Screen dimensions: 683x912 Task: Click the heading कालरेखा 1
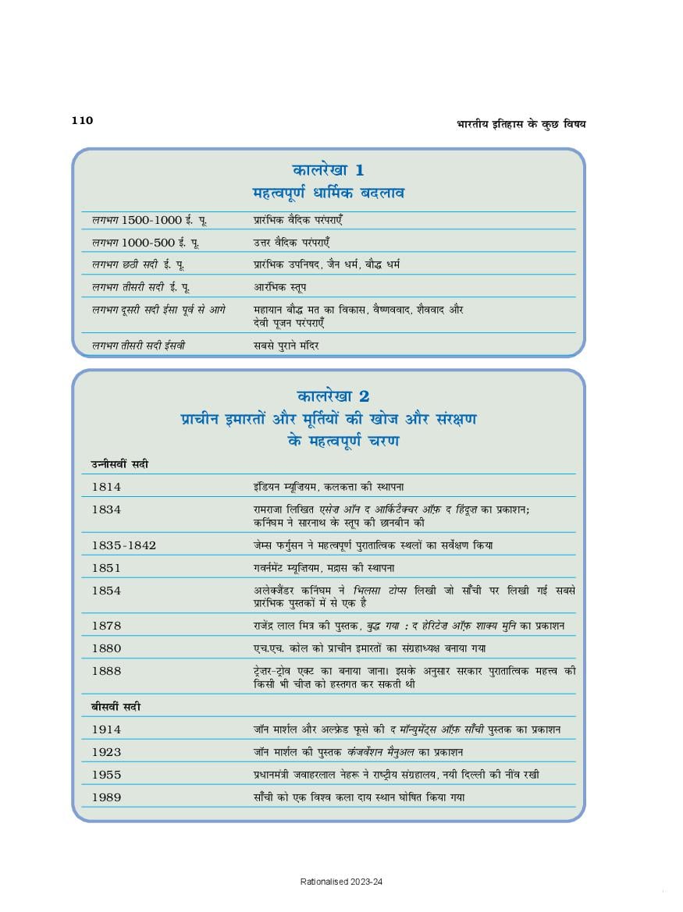click(x=328, y=169)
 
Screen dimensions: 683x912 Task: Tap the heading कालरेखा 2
click(x=328, y=396)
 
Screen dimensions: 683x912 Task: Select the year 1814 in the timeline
click(x=106, y=486)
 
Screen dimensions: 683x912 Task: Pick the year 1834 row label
click(x=106, y=509)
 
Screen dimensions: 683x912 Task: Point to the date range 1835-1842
click(x=123, y=545)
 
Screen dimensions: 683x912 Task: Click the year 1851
click(x=106, y=568)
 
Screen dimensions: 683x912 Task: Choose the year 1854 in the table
click(x=106, y=591)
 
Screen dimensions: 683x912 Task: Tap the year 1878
click(x=106, y=626)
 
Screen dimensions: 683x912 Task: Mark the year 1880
click(x=106, y=648)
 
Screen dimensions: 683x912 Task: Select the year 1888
click(x=106, y=671)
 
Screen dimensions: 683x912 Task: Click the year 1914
click(x=106, y=729)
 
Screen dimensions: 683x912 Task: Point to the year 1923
click(x=106, y=752)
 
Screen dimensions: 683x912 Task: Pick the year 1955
click(x=106, y=775)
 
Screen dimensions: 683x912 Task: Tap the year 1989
click(x=106, y=797)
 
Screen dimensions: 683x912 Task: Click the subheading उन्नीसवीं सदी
click(x=119, y=464)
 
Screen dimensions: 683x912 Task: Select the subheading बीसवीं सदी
click(x=116, y=707)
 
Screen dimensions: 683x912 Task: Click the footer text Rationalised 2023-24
click(x=341, y=882)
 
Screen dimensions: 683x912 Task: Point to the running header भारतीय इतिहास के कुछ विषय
click(x=521, y=123)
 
